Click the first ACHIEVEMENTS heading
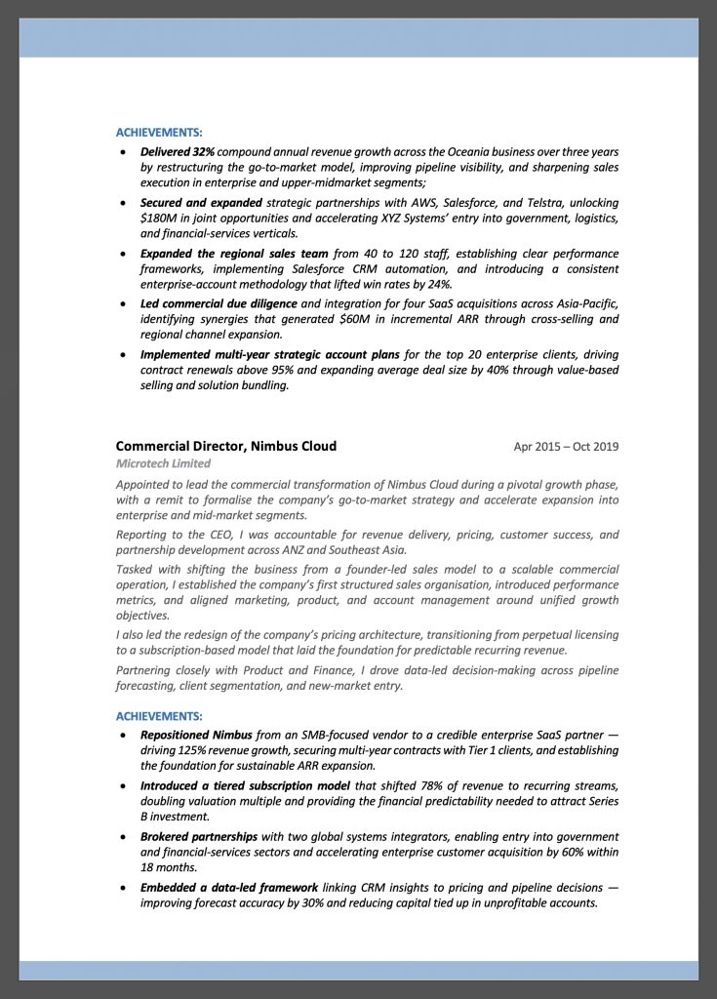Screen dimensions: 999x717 pyautogui.click(x=159, y=132)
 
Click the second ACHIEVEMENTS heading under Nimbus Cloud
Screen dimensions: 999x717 pyautogui.click(x=159, y=715)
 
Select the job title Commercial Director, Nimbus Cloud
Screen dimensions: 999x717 pyautogui.click(x=226, y=446)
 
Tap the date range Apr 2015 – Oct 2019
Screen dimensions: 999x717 pyautogui.click(x=566, y=447)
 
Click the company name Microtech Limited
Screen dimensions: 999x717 pyautogui.click(x=163, y=463)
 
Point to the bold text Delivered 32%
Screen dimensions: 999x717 pyautogui.click(x=178, y=152)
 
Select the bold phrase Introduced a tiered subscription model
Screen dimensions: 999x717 pyautogui.click(x=246, y=785)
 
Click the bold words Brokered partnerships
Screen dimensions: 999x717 pyautogui.click(x=199, y=836)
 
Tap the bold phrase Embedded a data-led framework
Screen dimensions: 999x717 pyautogui.click(x=229, y=887)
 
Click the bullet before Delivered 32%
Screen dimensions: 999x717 pyautogui.click(x=122, y=153)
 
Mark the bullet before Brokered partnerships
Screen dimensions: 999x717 pyautogui.click(x=122, y=837)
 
